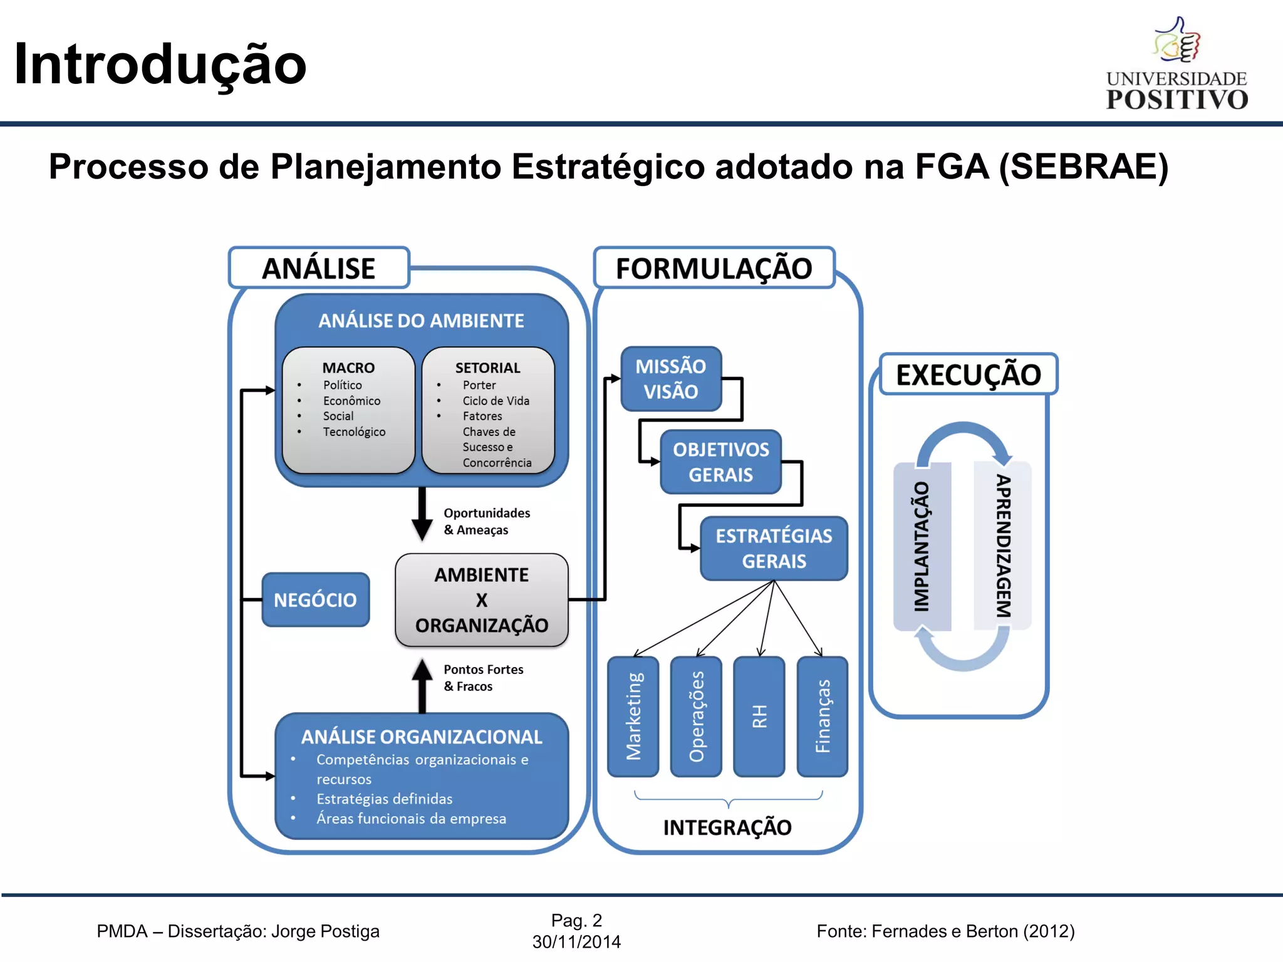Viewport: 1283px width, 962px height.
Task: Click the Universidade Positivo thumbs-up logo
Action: (1178, 40)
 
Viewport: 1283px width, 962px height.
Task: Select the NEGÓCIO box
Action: (315, 599)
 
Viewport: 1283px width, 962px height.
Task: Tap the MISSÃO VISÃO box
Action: (670, 379)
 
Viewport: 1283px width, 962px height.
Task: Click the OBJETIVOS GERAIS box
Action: (720, 462)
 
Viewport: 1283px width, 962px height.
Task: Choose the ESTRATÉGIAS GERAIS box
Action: (774, 549)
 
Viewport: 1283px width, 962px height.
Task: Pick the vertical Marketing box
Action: (633, 716)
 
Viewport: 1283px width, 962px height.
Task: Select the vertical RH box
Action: (759, 716)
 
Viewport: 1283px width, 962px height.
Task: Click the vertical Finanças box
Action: (822, 716)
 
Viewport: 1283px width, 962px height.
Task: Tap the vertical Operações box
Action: (696, 716)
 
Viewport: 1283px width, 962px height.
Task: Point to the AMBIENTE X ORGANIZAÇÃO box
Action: (481, 600)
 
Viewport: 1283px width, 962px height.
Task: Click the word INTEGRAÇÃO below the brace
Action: (727, 827)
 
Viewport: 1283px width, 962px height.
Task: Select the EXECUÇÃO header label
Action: (969, 375)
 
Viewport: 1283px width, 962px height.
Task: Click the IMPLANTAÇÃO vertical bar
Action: (922, 546)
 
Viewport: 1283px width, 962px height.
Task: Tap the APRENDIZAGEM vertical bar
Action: (1003, 546)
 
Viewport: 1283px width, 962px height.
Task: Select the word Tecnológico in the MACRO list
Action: (354, 432)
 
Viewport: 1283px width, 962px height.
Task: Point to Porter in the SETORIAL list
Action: (479, 385)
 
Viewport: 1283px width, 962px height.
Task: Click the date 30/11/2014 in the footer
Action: (576, 942)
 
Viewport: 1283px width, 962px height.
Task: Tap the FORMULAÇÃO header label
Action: (714, 268)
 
